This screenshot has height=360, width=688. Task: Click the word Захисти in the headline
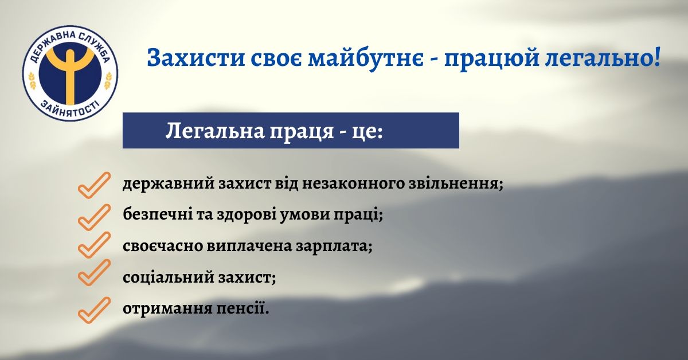pos(196,58)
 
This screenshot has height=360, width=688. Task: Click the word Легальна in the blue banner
pos(214,131)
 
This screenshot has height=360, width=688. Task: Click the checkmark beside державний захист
pos(94,185)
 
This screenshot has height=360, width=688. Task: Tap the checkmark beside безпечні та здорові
pos(94,217)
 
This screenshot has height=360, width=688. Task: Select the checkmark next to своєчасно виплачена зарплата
pos(94,245)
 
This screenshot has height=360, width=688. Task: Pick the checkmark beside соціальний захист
pos(94,272)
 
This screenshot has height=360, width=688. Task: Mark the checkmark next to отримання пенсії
pos(94,310)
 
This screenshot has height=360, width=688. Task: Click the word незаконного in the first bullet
pos(353,184)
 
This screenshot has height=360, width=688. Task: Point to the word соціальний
pos(169,277)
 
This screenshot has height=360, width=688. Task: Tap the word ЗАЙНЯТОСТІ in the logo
pos(70,109)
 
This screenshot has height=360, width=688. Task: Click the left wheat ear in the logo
pos(32,80)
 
